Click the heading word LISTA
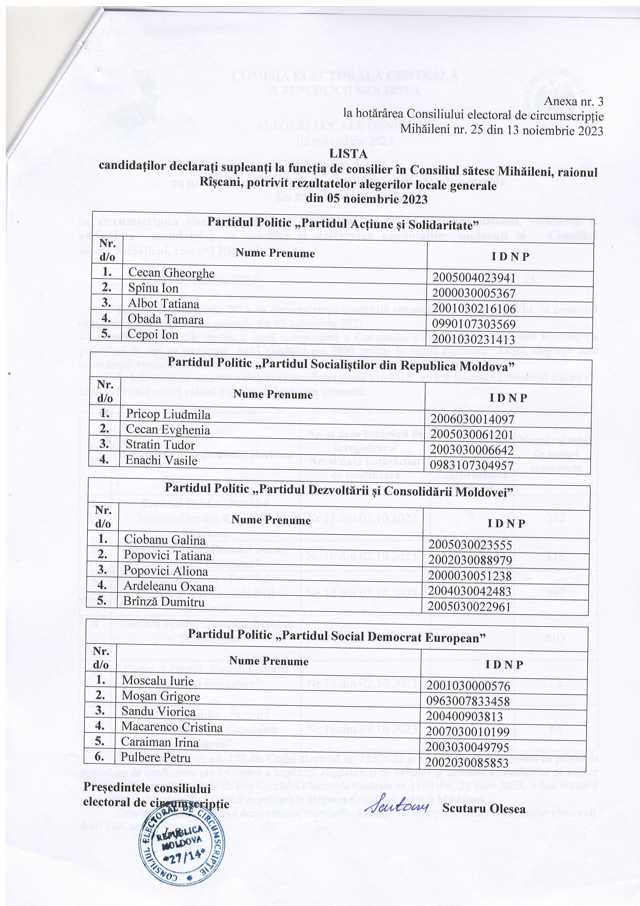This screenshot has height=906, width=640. [x=349, y=154]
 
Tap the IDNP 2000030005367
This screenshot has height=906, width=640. [x=474, y=293]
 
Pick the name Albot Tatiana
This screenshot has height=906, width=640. [x=163, y=304]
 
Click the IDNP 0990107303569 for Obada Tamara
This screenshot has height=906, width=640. [x=474, y=324]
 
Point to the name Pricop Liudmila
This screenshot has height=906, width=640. [x=168, y=414]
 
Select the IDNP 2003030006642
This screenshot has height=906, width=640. [x=472, y=450]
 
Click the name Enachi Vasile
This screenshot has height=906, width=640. [x=162, y=460]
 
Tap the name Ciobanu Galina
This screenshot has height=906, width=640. [x=165, y=540]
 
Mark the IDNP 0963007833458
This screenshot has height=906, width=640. [x=468, y=701]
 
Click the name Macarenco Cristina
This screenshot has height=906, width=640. [x=172, y=727]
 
